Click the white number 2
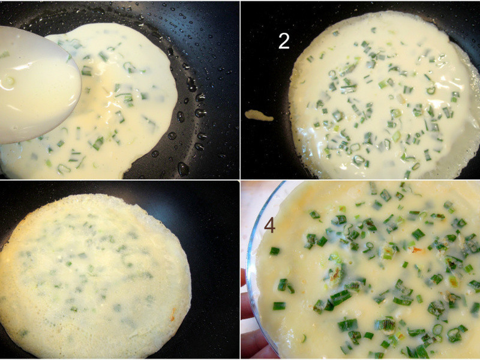pos(284,41)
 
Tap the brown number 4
pos(269,226)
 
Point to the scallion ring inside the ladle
pos(8,82)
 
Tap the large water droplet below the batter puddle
pos(183,169)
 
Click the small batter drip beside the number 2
pos(259,115)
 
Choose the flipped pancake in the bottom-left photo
pos(95,275)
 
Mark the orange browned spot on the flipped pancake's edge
pos(173,314)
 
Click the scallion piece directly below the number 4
pos(275,251)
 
